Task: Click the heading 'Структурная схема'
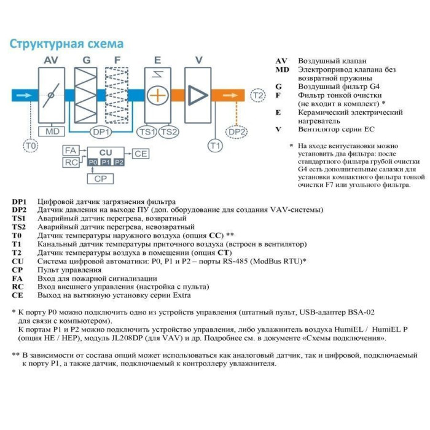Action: (66, 45)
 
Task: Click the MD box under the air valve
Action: (52, 131)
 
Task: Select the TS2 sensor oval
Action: (168, 131)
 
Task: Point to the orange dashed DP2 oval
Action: (237, 131)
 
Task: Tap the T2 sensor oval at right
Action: (258, 96)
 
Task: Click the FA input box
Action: (71, 150)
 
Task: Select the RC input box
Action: (71, 162)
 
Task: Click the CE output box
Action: (141, 154)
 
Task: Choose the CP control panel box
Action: (100, 178)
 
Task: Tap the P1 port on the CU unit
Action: (106, 162)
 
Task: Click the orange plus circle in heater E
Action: (158, 96)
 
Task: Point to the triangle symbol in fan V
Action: (198, 96)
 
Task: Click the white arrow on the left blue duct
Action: (25, 96)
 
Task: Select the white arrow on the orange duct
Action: (234, 96)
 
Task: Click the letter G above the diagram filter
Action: (87, 60)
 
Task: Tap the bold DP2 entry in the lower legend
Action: (19, 210)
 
